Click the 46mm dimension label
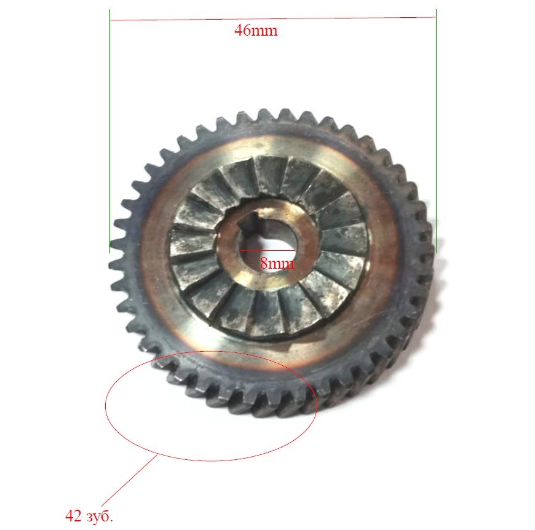(x=256, y=30)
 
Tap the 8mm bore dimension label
(x=277, y=263)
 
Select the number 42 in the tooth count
(x=73, y=516)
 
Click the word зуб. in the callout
(x=100, y=516)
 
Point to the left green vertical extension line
(x=110, y=132)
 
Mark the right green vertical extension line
(x=436, y=132)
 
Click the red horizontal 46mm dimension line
(x=273, y=18)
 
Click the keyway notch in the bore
(x=252, y=222)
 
